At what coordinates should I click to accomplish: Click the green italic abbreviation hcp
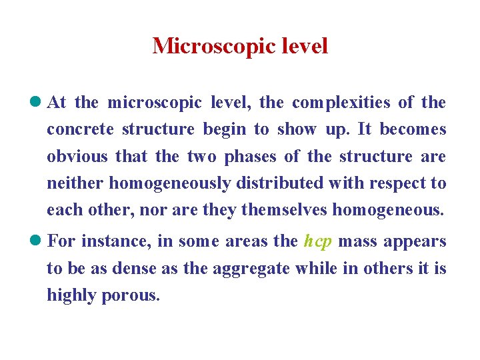click(x=317, y=241)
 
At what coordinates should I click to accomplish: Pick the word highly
click(x=71, y=295)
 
